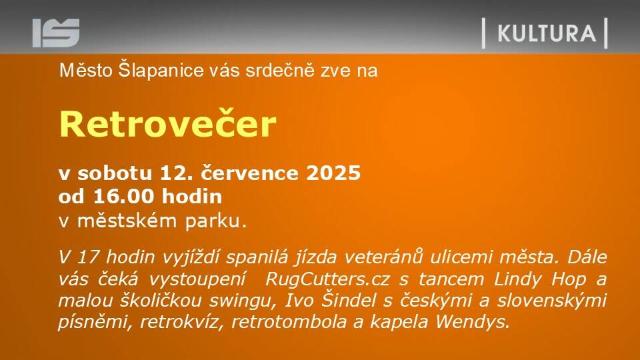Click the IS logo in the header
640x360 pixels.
(56, 33)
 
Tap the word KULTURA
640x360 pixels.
(547, 33)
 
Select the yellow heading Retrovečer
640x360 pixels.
(168, 124)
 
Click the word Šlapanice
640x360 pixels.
(161, 71)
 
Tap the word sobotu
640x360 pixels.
(115, 173)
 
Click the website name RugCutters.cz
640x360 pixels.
(327, 279)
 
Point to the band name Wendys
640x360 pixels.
(473, 321)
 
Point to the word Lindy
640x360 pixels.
(518, 279)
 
